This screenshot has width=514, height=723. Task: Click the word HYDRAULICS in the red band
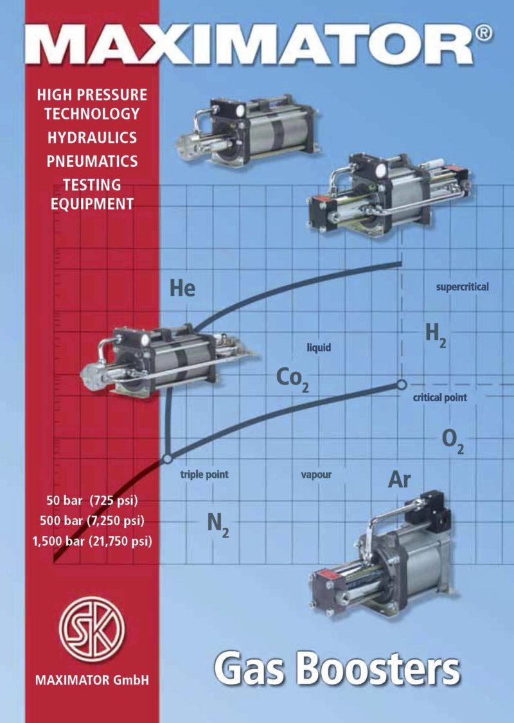click(x=91, y=137)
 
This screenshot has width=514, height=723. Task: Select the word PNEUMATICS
click(x=92, y=161)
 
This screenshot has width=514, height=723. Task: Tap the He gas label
click(x=182, y=288)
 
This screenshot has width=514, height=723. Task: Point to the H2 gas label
click(x=435, y=334)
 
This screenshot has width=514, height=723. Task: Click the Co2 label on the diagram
click(x=292, y=379)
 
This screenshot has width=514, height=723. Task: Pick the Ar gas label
click(x=399, y=480)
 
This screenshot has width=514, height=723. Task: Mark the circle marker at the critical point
click(x=401, y=385)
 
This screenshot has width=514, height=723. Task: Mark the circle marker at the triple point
click(x=167, y=459)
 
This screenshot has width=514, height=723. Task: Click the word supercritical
click(x=462, y=287)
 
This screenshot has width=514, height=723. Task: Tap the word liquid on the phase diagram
click(x=319, y=348)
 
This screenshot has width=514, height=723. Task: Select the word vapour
click(x=316, y=476)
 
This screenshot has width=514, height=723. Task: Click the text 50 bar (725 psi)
click(x=93, y=500)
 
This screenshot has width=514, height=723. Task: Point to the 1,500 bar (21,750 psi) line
click(x=92, y=541)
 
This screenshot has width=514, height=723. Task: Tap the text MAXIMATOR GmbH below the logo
click(x=92, y=679)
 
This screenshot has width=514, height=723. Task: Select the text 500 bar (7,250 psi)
click(x=92, y=520)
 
